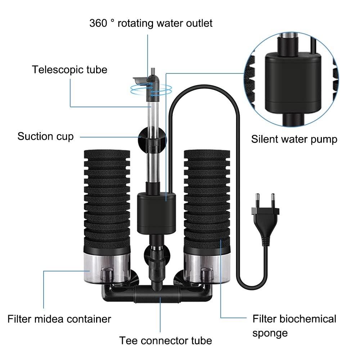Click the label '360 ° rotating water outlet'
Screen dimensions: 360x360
[x=151, y=23]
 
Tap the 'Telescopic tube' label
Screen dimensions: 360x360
[x=69, y=69]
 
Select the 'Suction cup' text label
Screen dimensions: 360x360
[x=45, y=136]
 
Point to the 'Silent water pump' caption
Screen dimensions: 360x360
[x=294, y=139]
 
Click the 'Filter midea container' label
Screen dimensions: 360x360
[x=59, y=319]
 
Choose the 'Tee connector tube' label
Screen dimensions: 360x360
[x=166, y=340]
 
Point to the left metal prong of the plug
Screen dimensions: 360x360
[x=258, y=199]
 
